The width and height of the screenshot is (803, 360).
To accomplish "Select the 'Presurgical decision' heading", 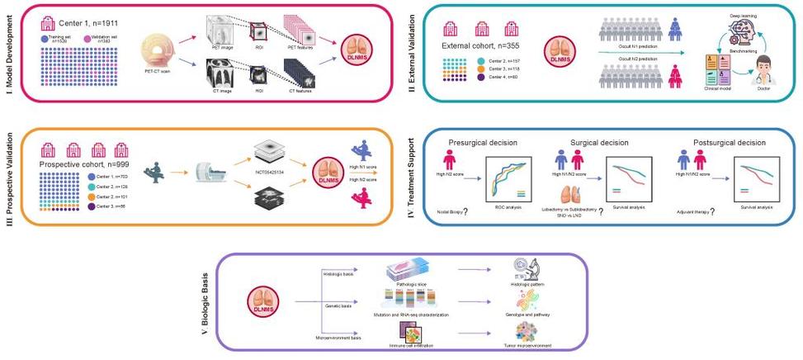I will pyautogui.click(x=485, y=141).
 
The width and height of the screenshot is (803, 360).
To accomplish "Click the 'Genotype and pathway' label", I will pyautogui.click(x=533, y=315).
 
